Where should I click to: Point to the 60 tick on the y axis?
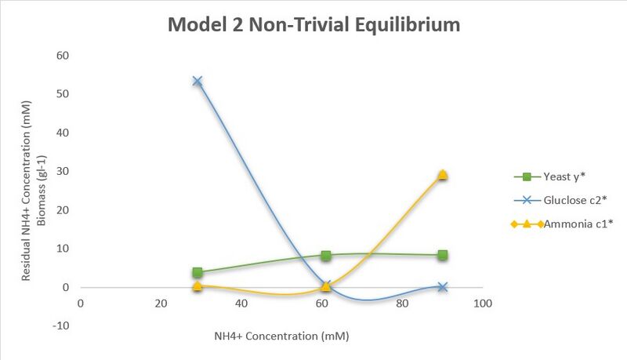coord(63,56)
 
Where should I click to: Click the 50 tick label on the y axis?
coord(63,94)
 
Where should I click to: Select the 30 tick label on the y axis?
coord(63,172)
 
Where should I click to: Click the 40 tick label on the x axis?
coord(241,304)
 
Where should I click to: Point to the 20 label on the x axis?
coord(161,304)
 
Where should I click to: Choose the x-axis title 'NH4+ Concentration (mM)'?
coord(281,336)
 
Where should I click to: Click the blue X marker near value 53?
coord(198,82)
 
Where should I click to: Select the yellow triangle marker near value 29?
coord(443,174)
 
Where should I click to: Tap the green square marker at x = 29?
coord(198,272)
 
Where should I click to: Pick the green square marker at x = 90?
coord(443,255)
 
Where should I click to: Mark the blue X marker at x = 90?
coord(443,287)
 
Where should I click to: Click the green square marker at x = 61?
coord(326,255)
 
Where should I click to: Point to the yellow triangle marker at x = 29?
coord(198,285)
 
